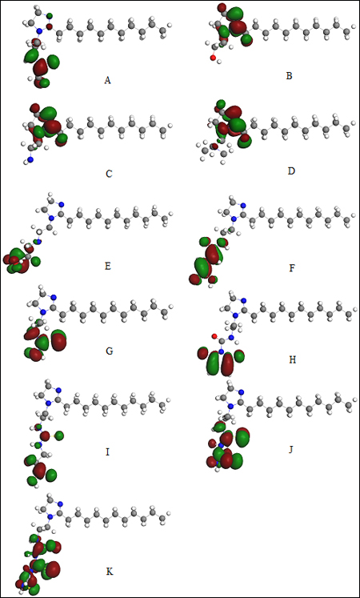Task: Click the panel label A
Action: [108, 81]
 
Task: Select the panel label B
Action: [289, 76]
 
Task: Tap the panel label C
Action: [109, 174]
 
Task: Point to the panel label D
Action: [291, 171]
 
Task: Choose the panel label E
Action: [108, 267]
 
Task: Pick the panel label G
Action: [109, 351]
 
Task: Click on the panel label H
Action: [293, 360]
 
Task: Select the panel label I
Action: [108, 452]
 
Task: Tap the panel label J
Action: [291, 450]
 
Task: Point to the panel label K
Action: [109, 572]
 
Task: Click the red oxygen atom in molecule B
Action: [213, 58]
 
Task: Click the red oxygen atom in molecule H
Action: [214, 336]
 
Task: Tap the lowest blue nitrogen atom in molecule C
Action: [30, 160]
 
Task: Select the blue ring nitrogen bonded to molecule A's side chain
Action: [39, 30]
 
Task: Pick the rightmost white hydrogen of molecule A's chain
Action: [170, 25]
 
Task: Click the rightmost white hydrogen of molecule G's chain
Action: [171, 307]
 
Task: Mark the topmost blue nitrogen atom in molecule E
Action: [62, 204]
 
